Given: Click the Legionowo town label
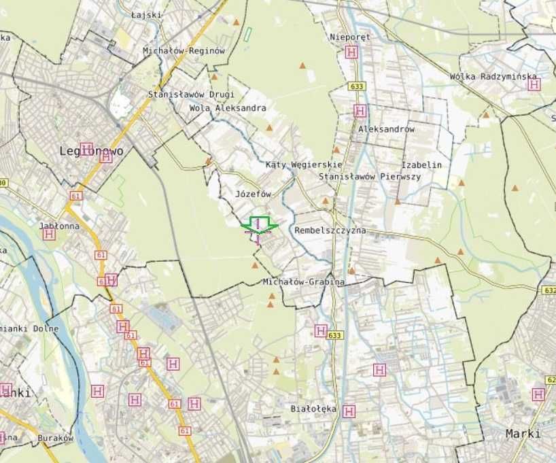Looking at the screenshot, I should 92,151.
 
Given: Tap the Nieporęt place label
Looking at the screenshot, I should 349,37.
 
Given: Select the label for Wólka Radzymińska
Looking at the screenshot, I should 493,77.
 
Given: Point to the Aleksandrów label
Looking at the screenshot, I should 386,128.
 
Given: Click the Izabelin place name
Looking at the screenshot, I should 421,165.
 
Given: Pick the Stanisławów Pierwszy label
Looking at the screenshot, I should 370,177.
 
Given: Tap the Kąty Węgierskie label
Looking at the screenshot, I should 304,165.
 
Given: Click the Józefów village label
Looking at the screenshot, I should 253,194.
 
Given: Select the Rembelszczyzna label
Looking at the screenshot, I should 330,230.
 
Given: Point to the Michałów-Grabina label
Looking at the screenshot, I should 303,281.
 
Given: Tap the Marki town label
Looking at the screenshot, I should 523,434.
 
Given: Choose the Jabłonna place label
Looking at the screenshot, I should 59,226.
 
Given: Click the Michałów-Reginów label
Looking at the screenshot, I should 184,51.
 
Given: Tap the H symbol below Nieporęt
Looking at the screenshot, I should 351,52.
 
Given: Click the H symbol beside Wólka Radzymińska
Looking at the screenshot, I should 534,85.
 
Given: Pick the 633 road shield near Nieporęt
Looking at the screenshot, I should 357,86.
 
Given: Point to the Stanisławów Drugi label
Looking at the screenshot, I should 191,95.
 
